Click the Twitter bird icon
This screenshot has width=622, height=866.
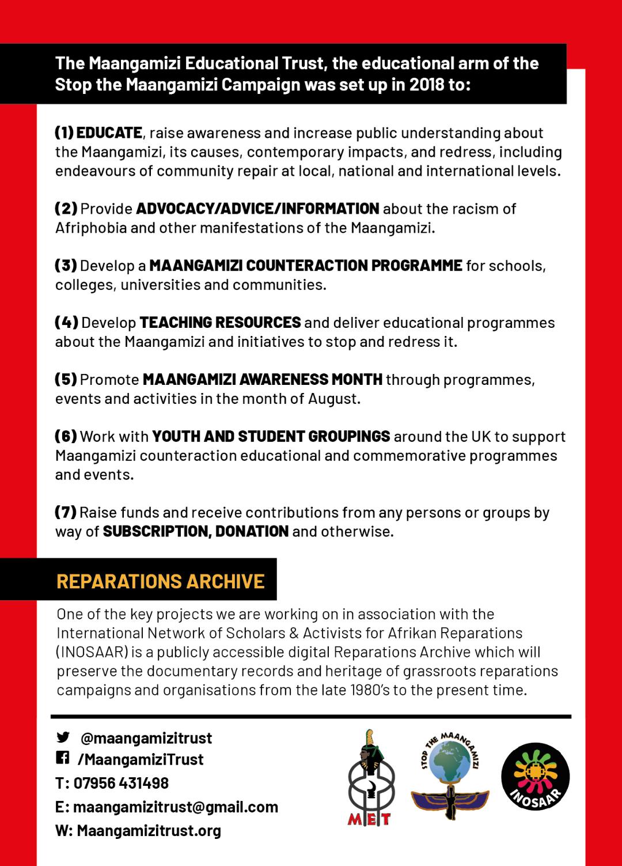tap(63, 737)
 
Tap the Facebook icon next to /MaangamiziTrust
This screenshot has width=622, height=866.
tap(62, 758)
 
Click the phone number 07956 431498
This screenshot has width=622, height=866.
tap(121, 783)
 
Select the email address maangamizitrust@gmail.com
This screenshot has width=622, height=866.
tap(175, 807)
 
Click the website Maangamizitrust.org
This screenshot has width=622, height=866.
tap(149, 830)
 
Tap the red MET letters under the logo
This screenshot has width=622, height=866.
tap(369, 819)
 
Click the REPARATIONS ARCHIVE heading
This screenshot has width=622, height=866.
tap(161, 581)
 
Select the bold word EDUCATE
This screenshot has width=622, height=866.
tap(109, 133)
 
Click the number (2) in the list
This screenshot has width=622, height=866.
tap(66, 208)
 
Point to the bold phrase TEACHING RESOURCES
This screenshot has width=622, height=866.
tap(220, 322)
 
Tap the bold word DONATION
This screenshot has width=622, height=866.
tap(252, 531)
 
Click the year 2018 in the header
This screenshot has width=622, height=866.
tap(427, 85)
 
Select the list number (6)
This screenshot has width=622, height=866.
tap(66, 436)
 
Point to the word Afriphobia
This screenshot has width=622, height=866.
tap(91, 228)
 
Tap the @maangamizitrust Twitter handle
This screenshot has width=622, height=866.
tap(146, 738)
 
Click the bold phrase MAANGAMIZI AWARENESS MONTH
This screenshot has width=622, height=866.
tap(262, 379)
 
